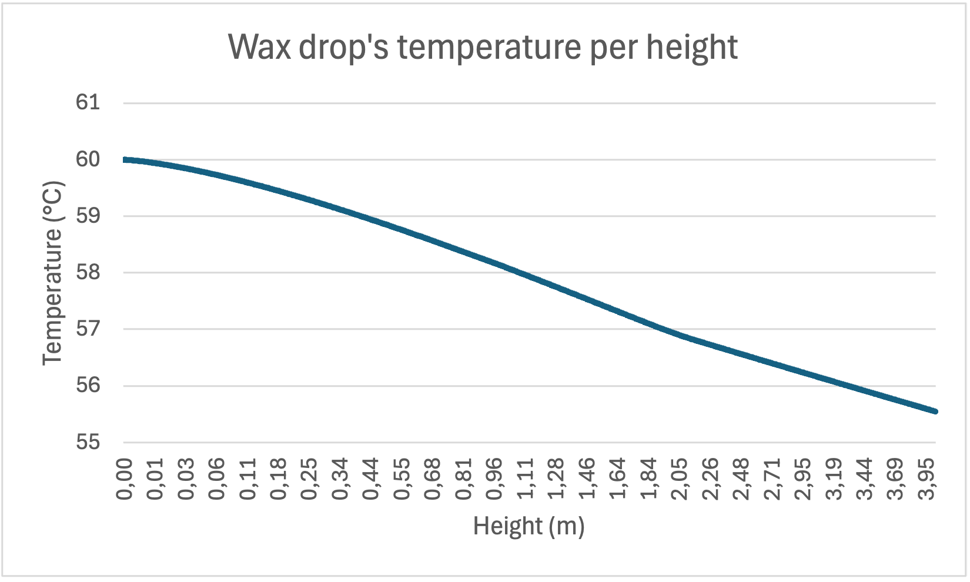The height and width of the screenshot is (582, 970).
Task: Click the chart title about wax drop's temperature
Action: click(x=482, y=47)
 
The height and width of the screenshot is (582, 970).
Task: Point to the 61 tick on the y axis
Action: click(x=88, y=103)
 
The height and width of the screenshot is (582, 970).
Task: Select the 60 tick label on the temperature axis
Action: click(x=88, y=159)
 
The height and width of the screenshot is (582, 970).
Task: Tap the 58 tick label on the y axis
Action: click(x=88, y=273)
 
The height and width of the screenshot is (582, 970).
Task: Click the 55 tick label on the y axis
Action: click(x=88, y=442)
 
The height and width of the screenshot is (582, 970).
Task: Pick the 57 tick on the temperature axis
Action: click(x=88, y=329)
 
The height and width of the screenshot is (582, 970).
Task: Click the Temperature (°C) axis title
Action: click(x=52, y=273)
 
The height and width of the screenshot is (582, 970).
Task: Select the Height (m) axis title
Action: click(x=529, y=526)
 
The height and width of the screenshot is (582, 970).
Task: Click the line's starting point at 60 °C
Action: click(x=125, y=159)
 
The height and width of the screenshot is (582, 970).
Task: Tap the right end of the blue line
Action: click(x=935, y=412)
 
